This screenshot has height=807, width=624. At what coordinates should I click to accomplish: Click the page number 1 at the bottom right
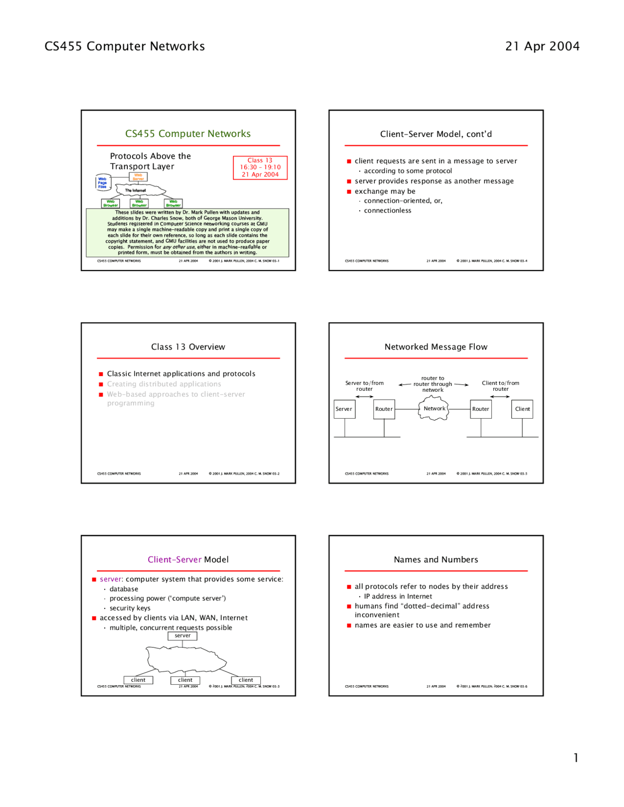tap(576, 757)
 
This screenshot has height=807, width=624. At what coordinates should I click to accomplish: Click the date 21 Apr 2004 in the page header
tap(542, 46)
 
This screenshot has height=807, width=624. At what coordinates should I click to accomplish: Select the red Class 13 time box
tap(260, 168)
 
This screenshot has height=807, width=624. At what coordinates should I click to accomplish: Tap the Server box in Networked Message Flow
tap(344, 409)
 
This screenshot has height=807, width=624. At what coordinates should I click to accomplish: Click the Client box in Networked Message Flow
tap(522, 409)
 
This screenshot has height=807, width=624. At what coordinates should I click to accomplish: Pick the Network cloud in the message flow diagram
tap(433, 408)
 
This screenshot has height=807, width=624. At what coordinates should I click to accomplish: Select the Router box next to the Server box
tap(384, 409)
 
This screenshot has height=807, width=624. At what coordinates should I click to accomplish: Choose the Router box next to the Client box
tap(481, 409)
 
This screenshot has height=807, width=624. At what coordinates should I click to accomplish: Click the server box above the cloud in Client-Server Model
tap(182, 635)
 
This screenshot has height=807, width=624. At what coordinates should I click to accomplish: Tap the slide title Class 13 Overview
tap(188, 347)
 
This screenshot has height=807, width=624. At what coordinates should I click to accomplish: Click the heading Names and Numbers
tap(436, 559)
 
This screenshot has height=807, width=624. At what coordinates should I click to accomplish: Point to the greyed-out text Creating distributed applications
tap(164, 384)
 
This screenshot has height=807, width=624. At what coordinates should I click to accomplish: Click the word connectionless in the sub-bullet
tap(388, 211)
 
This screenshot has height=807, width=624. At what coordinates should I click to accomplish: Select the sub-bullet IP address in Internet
tap(398, 596)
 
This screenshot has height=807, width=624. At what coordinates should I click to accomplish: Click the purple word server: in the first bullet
tap(112, 579)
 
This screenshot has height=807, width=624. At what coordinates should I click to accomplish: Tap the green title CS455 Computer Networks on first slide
tap(188, 134)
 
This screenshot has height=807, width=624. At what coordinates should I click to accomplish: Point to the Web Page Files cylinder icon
tap(103, 183)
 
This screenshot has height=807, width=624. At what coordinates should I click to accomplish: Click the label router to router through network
tap(433, 384)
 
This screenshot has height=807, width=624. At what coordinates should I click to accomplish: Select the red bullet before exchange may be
tap(349, 192)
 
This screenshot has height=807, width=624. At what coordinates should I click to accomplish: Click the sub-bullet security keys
tap(130, 608)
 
